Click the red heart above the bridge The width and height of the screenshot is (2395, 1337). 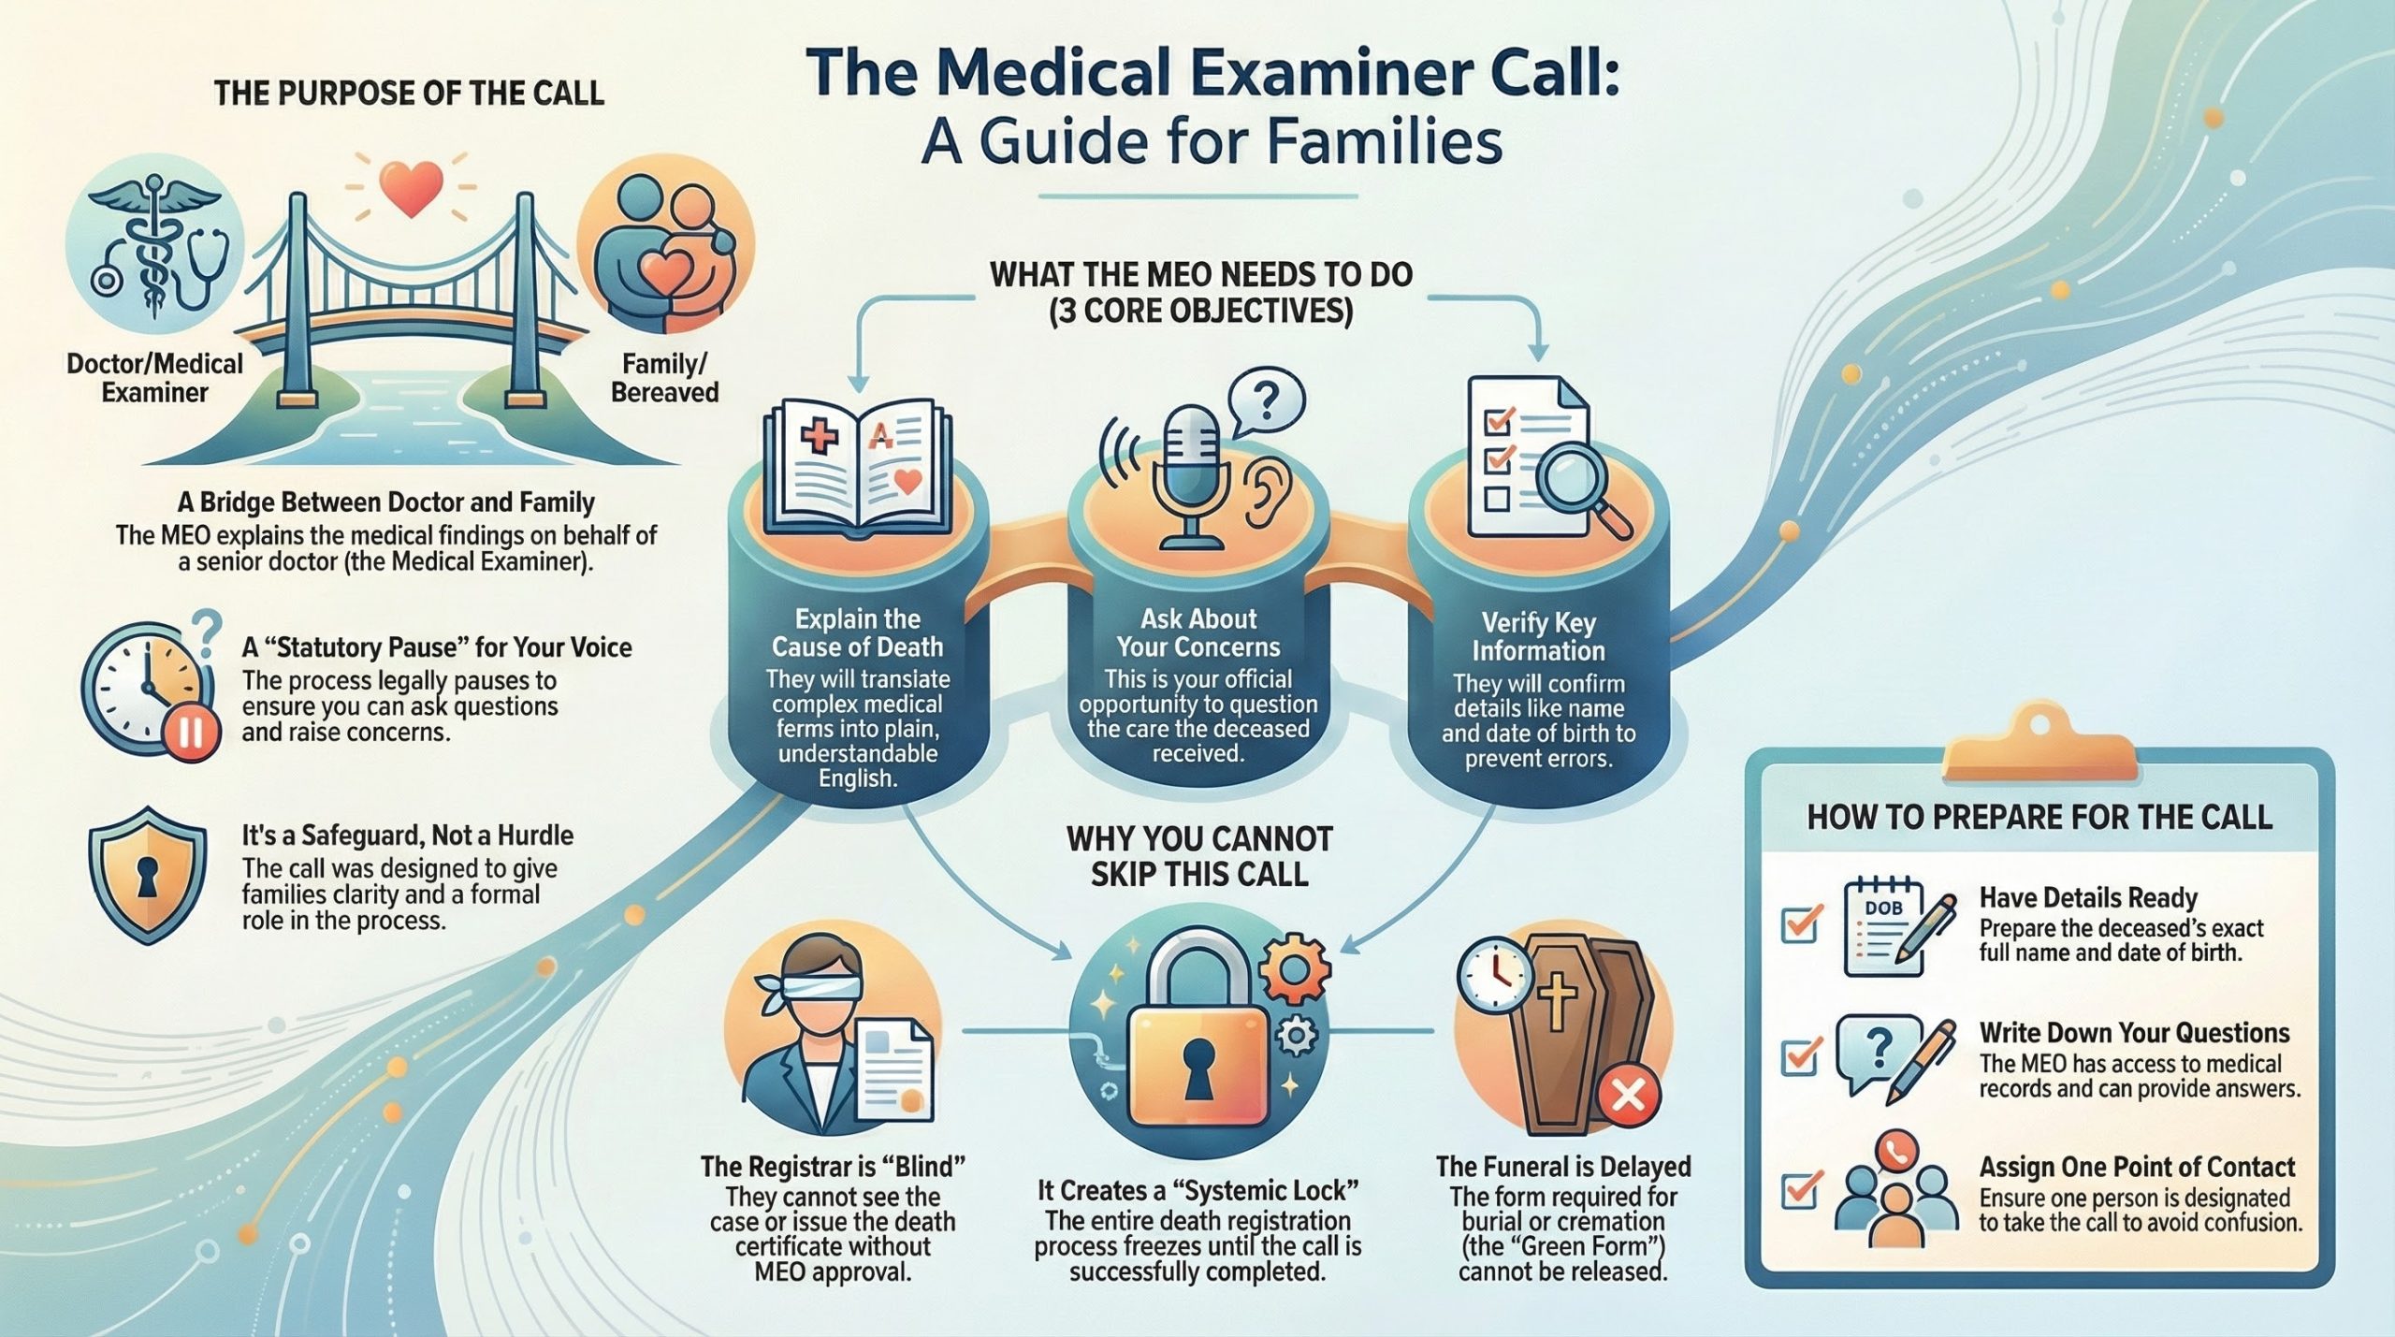click(412, 187)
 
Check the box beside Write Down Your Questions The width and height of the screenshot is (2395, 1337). click(1801, 1056)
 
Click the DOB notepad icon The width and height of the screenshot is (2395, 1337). click(1882, 926)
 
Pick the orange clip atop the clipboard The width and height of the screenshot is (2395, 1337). click(2040, 748)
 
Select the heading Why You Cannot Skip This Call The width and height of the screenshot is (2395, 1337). click(1199, 856)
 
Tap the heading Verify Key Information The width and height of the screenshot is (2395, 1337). click(1538, 636)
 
